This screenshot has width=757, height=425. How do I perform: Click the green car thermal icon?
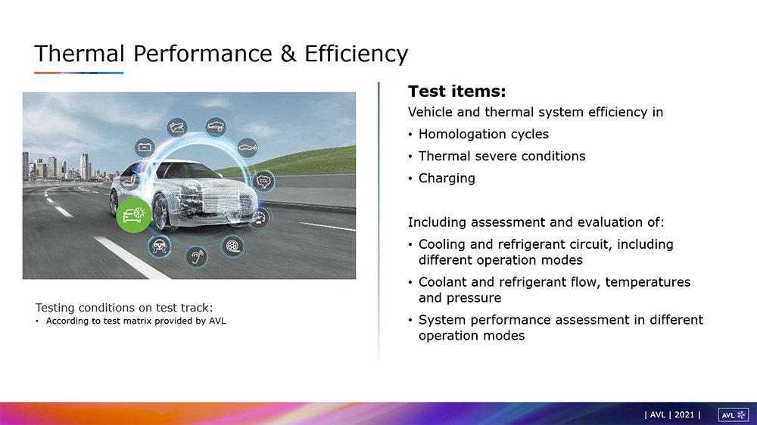(134, 216)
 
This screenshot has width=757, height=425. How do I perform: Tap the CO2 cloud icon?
(263, 181)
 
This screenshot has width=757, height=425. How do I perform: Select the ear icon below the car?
(197, 256)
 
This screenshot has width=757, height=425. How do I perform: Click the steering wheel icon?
(159, 246)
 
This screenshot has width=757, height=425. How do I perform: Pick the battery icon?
(145, 147)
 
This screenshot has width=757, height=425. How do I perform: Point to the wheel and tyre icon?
(232, 246)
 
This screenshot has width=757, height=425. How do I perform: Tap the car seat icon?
(130, 181)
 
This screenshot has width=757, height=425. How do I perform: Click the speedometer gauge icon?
(260, 218)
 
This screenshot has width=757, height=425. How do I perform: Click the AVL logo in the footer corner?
(733, 415)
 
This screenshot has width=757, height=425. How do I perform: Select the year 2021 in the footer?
(684, 415)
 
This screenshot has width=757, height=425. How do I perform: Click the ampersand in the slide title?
(288, 53)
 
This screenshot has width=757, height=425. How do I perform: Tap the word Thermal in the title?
(79, 53)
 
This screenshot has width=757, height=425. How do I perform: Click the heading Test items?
(456, 92)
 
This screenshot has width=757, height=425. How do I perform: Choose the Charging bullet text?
(447, 178)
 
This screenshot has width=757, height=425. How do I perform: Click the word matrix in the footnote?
(136, 321)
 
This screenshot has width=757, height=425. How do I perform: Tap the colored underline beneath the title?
(79, 73)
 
